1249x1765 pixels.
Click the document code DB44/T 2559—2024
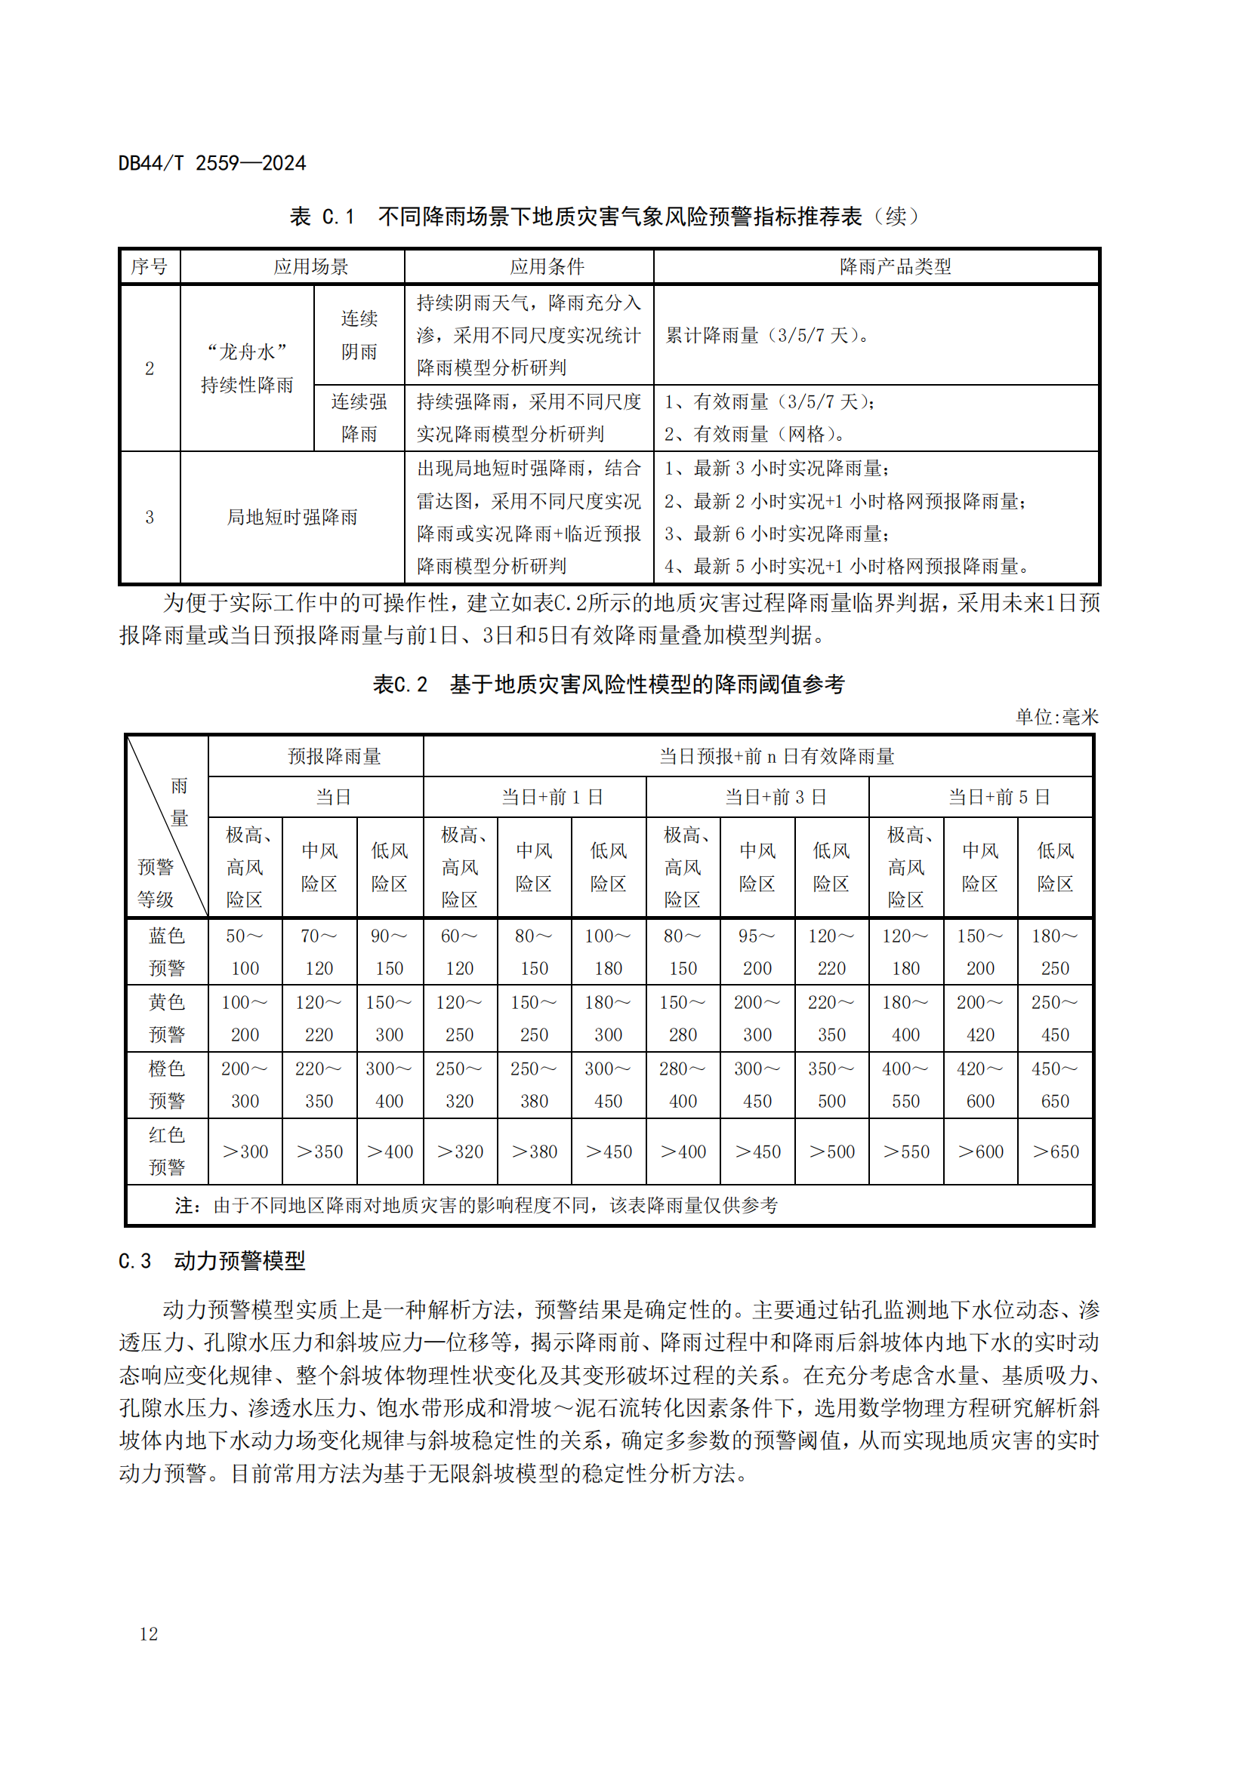211,163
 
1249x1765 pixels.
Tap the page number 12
149,1634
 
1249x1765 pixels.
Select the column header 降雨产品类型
896,266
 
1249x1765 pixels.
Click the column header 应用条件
547,266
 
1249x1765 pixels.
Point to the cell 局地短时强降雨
292,518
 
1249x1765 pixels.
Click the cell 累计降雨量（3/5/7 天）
766,335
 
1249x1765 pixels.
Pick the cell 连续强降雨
359,418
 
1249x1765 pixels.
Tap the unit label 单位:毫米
1056,717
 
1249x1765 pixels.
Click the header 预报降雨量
335,756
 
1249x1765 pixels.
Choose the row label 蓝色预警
167,952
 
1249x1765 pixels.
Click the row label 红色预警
167,1151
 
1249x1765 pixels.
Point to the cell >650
1055,1152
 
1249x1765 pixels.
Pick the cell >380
534,1152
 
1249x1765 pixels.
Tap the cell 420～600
980,1084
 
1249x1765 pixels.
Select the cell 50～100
245,952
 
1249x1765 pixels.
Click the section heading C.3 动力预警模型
211,1261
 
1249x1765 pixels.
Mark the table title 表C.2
399,684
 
